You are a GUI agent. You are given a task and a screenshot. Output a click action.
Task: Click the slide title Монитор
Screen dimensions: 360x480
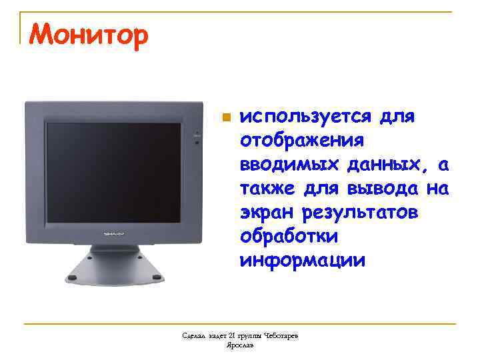[x=87, y=35]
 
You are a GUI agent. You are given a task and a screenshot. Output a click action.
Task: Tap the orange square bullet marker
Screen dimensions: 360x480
[x=226, y=117]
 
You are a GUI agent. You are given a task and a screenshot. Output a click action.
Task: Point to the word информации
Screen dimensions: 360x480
[x=303, y=259]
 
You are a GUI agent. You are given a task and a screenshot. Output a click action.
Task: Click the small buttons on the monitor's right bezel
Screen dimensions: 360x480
[x=196, y=137]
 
